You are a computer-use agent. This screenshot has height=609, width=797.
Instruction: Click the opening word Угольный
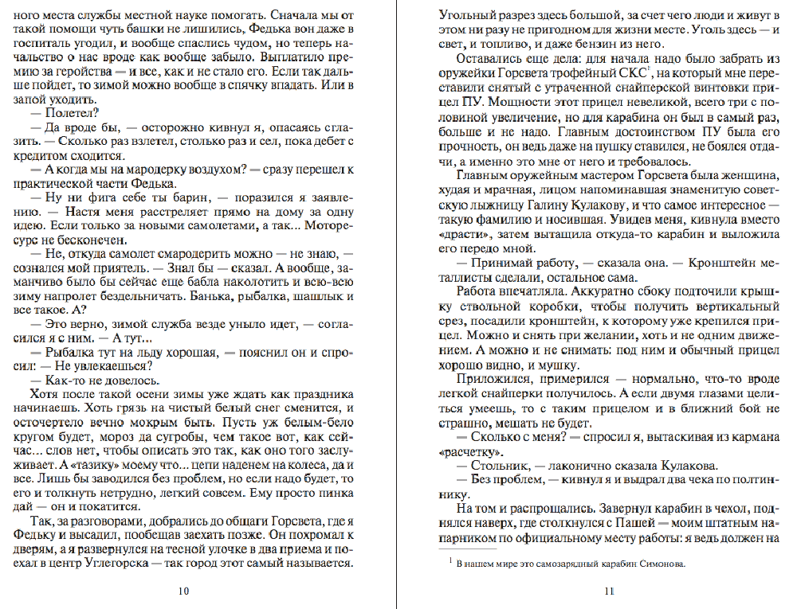click(x=469, y=14)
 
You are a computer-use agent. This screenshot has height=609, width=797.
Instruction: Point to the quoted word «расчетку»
click(x=473, y=451)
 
